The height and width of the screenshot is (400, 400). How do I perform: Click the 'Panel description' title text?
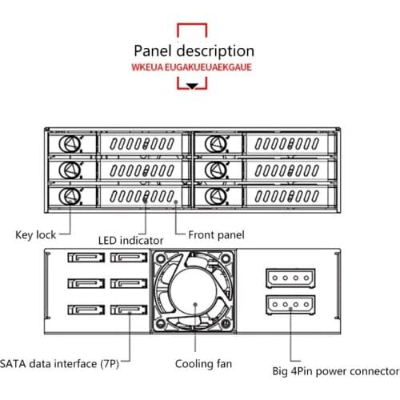(194, 51)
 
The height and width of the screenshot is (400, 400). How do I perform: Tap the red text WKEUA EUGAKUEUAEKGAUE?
(192, 68)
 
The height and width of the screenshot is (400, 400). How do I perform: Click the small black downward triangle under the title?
(192, 85)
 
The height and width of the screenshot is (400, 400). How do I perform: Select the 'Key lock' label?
(35, 235)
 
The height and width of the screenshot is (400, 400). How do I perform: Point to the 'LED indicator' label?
(130, 240)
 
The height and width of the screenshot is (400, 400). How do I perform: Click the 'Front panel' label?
(215, 235)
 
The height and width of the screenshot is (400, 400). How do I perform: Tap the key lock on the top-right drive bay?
(213, 144)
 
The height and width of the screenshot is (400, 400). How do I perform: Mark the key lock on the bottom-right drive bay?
(213, 197)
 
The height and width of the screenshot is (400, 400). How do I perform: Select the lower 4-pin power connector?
(287, 304)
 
